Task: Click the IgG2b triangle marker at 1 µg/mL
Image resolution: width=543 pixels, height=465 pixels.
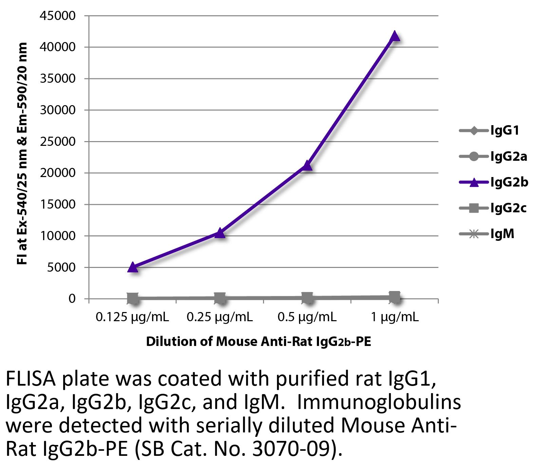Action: tap(394, 36)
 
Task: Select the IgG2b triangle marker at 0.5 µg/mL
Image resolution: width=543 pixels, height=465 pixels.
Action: tap(307, 166)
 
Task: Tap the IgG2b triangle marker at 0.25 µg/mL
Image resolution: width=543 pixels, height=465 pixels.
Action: tap(220, 233)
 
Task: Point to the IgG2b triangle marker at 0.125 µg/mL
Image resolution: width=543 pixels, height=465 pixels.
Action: tap(133, 267)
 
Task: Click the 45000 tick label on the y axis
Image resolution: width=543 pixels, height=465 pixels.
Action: tap(58, 16)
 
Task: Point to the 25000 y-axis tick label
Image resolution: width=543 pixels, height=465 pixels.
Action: tap(58, 142)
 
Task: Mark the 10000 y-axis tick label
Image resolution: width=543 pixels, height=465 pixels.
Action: tap(58, 236)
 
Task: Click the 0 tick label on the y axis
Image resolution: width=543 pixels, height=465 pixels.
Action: tap(72, 299)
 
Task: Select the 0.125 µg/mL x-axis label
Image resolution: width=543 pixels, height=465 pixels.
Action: tap(132, 317)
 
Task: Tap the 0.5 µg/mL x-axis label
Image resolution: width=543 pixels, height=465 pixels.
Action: tap(307, 317)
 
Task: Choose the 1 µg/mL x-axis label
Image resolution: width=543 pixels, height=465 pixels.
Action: tap(394, 317)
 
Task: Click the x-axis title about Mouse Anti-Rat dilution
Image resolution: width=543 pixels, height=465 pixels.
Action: tap(258, 342)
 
